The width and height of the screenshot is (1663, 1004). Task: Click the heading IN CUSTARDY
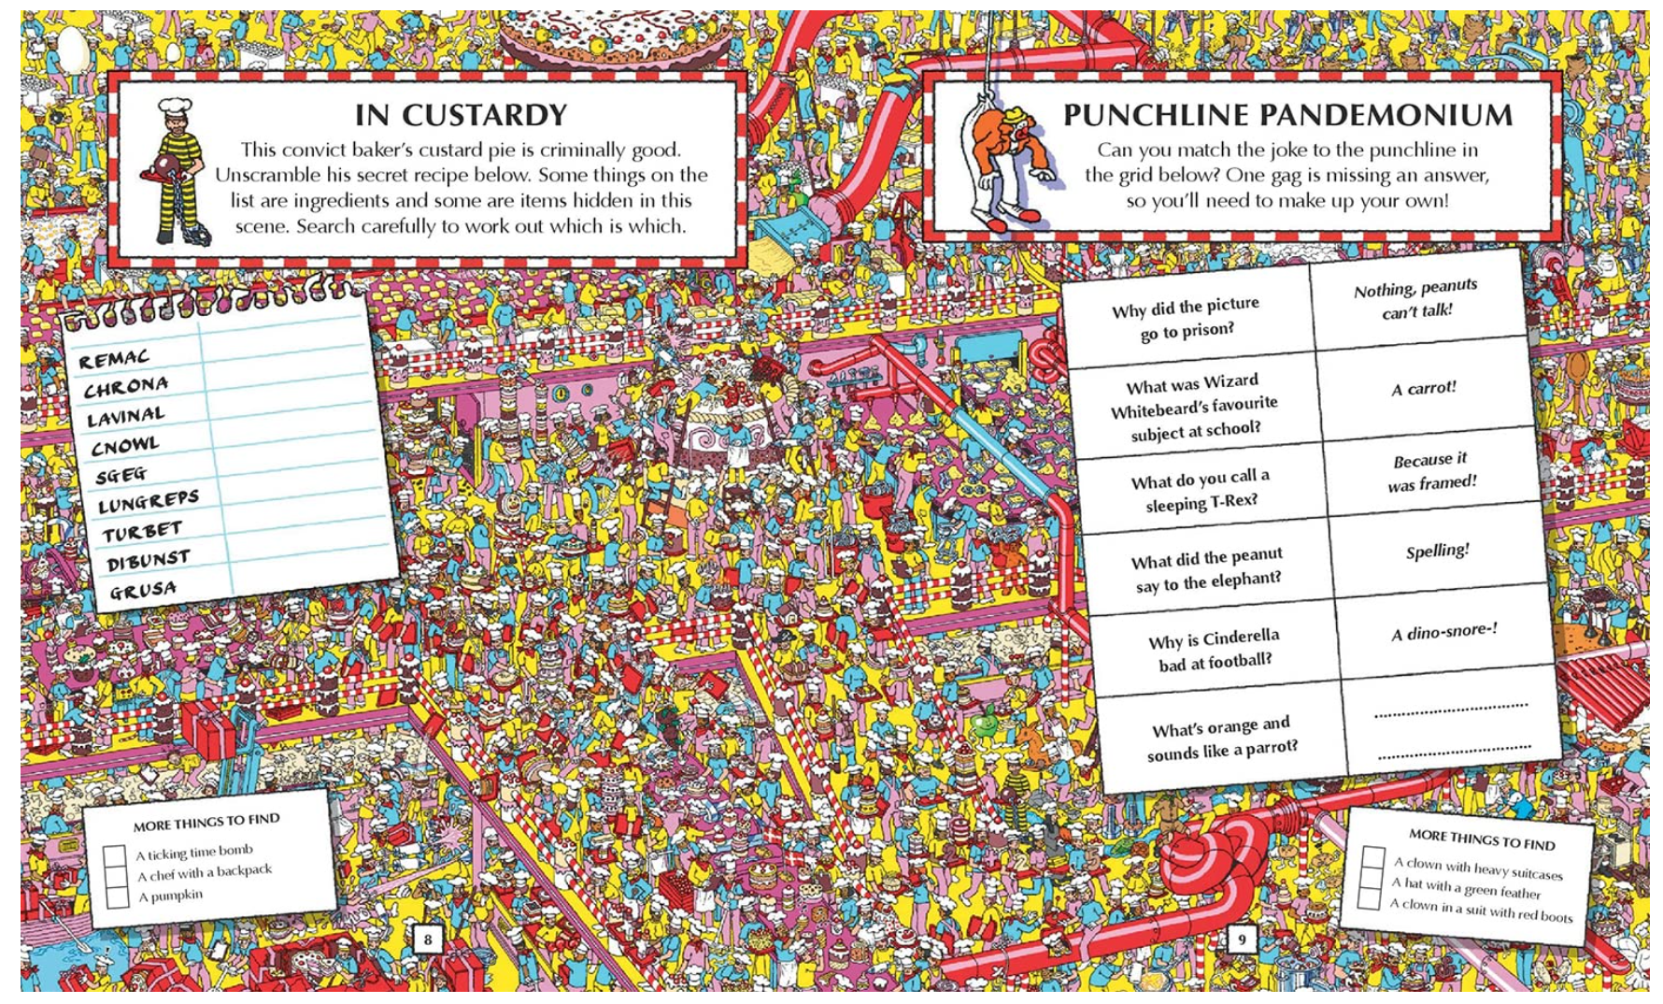tap(461, 115)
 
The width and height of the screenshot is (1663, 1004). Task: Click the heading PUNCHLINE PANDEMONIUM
tap(1286, 115)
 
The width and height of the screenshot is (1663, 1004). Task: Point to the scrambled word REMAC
tap(113, 359)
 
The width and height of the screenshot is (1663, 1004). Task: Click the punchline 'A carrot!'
tap(1423, 388)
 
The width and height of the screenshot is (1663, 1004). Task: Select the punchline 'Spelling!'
tap(1437, 551)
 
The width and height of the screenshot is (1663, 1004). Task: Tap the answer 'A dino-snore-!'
tap(1443, 632)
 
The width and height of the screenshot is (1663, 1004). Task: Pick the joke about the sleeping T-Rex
tap(1201, 490)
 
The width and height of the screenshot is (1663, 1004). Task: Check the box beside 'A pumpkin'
tap(117, 897)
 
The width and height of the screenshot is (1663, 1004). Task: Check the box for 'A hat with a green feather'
tap(1371, 879)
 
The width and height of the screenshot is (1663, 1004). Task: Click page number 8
tap(427, 939)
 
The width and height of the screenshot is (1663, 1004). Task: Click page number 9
tap(1241, 939)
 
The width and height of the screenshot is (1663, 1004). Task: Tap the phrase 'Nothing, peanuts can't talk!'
tap(1416, 299)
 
